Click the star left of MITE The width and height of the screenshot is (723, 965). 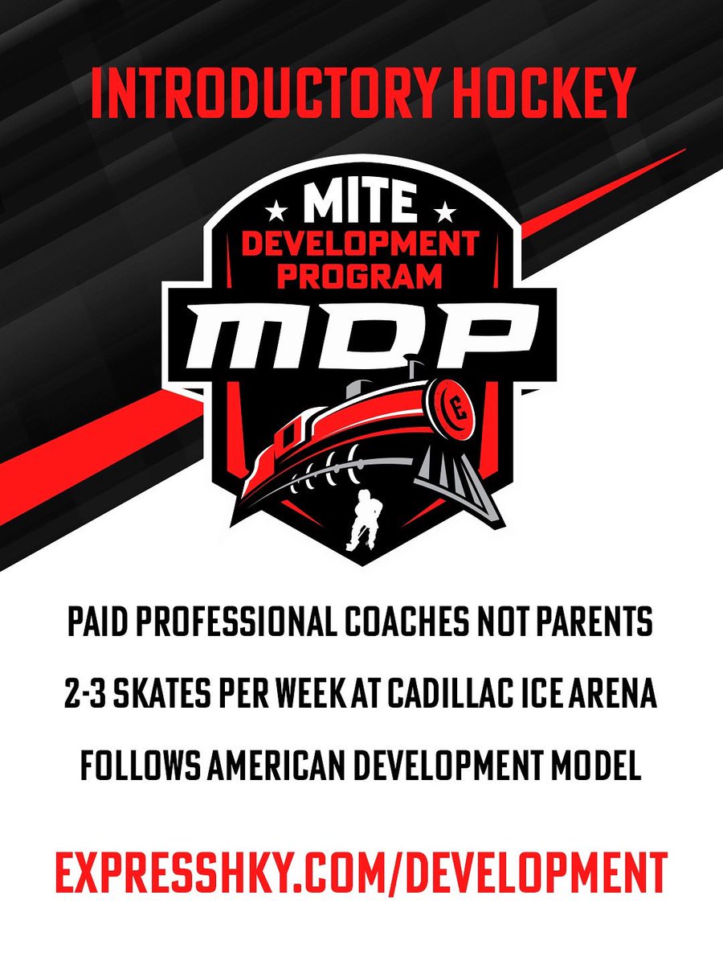[x=278, y=211]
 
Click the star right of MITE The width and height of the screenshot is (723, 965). [x=446, y=211]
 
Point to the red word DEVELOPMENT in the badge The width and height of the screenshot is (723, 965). [x=361, y=244]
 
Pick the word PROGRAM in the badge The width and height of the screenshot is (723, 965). [x=361, y=277]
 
